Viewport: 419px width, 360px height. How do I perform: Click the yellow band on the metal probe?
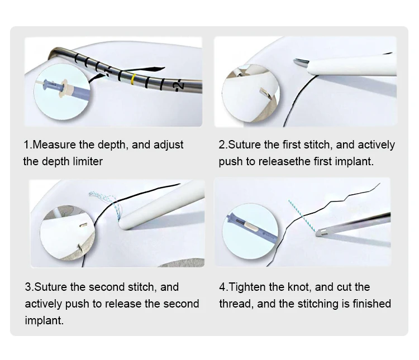tap(132, 79)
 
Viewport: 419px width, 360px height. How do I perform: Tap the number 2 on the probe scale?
tap(178, 85)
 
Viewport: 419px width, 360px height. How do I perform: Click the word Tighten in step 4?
tap(249, 287)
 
